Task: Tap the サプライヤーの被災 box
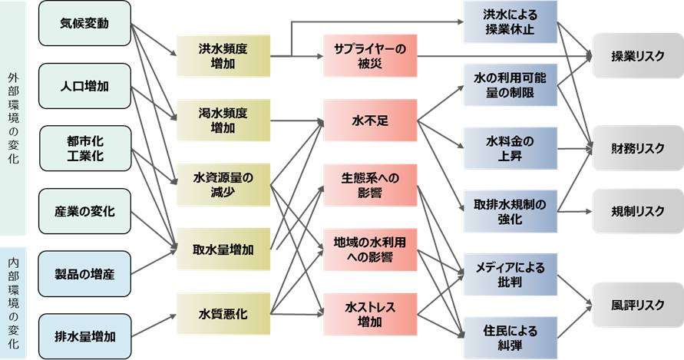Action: [369, 56]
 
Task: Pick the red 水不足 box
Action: [369, 120]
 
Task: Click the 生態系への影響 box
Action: [369, 184]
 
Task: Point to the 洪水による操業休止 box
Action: [509, 23]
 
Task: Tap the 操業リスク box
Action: [636, 56]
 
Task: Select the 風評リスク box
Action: [636, 305]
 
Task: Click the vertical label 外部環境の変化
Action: [13, 119]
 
